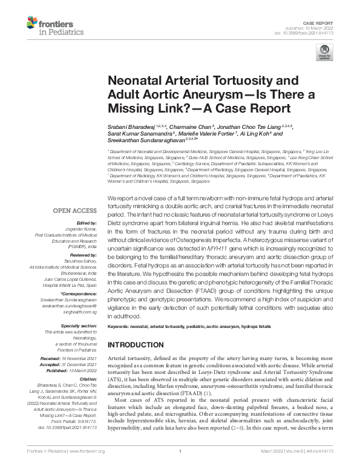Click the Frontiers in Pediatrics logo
pyautogui.click(x=51, y=26)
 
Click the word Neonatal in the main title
pyautogui.click(x=137, y=81)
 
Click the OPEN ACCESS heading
pyautogui.click(x=75, y=211)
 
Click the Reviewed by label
pyautogui.click(x=82, y=257)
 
